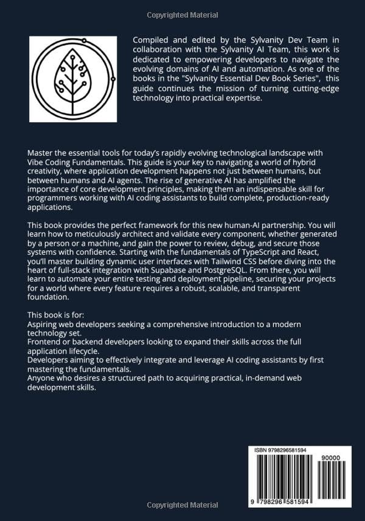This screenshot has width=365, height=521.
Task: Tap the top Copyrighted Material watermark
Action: coord(182,16)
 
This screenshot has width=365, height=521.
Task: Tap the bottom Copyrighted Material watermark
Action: coord(182,505)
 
